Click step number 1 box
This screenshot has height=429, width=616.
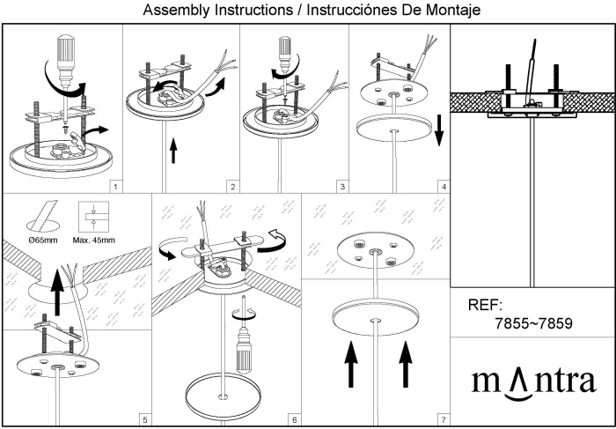coord(116,187)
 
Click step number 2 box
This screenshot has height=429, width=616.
coord(232,187)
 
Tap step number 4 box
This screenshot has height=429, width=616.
coord(444,187)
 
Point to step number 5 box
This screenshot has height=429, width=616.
coord(145,419)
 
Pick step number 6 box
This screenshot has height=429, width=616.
coord(295,419)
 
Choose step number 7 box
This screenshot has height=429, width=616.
coord(444,419)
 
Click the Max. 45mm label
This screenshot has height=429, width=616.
coord(94,240)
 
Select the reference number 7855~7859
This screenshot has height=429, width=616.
coord(534,323)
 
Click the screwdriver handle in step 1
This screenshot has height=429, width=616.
coord(64,54)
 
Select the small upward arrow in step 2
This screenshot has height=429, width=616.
coord(172,151)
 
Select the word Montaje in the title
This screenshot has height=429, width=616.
coord(442,11)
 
